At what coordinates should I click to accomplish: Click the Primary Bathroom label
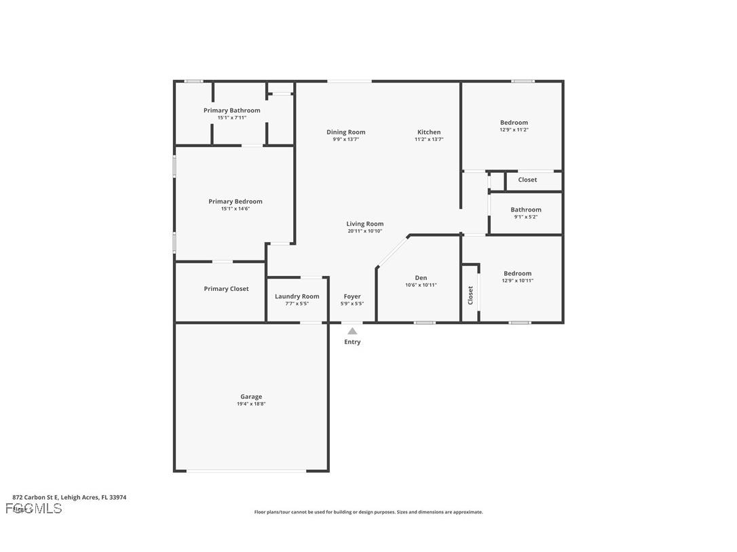pos(231,111)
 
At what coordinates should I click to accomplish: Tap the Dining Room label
pos(345,132)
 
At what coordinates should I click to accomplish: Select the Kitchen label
pos(429,132)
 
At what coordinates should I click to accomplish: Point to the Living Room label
pos(365,224)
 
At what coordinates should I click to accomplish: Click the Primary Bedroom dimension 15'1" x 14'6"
pos(235,209)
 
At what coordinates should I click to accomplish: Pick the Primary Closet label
pos(226,289)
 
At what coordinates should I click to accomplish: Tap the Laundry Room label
pos(297,296)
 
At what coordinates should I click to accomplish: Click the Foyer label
pos(352,296)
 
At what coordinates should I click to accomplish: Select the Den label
pos(421,277)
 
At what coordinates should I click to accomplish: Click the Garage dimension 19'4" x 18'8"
pos(250,404)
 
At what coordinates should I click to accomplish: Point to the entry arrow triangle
pos(352,331)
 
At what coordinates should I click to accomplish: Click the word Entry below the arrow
pos(352,342)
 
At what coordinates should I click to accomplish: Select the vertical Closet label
pos(470,295)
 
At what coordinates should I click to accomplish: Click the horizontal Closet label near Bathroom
pos(527,180)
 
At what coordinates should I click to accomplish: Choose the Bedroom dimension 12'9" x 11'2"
pos(514,130)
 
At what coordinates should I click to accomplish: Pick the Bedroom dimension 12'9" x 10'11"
pos(518,281)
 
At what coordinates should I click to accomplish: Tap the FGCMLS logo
pos(34,508)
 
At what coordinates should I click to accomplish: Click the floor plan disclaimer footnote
pos(368,512)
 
